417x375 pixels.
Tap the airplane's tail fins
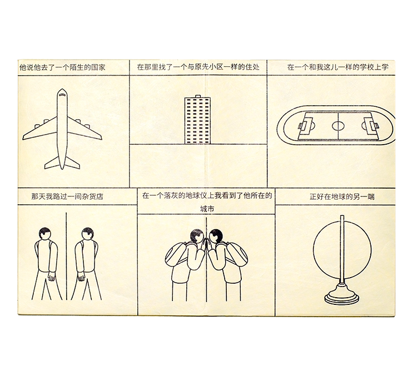pyautogui.click(x=62, y=162)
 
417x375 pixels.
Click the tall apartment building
pyautogui.click(x=197, y=120)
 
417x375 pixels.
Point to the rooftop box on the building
pyautogui.click(x=198, y=96)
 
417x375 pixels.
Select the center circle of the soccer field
pyautogui.click(x=338, y=126)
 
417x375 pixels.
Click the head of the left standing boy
pyautogui.click(x=45, y=234)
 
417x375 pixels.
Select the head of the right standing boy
pyautogui.click(x=87, y=234)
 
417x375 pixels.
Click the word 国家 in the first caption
pyautogui.click(x=98, y=67)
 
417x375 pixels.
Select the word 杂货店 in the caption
pyautogui.click(x=92, y=197)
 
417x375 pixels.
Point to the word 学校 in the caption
pyautogui.click(x=367, y=67)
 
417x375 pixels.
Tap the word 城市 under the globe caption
pyautogui.click(x=207, y=209)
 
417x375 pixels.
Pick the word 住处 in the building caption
pyautogui.click(x=252, y=67)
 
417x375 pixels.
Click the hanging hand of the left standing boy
pyautogui.click(x=51, y=277)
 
